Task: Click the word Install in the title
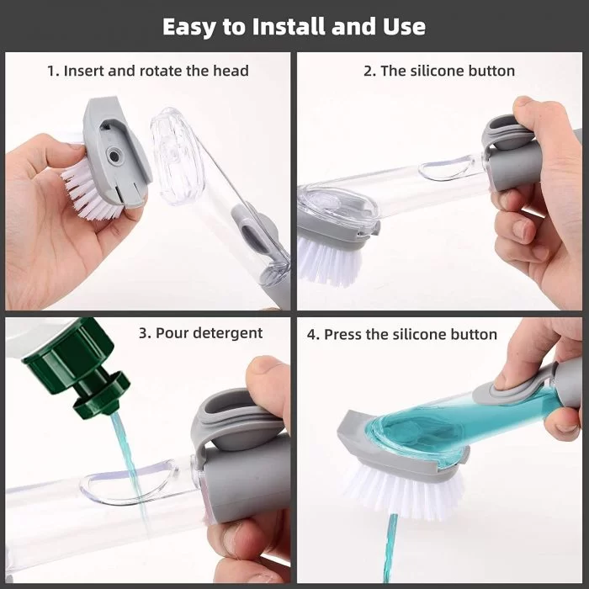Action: (289, 26)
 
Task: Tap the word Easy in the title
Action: (189, 28)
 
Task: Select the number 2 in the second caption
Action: (369, 71)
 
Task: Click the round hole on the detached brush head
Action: (113, 155)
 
